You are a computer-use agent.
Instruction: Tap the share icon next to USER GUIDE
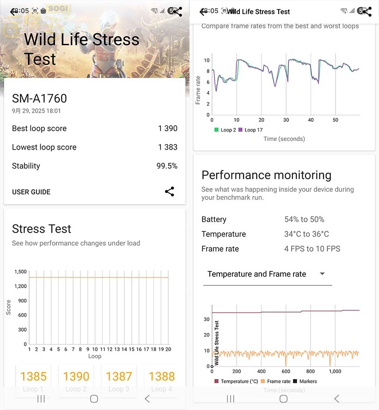(170, 192)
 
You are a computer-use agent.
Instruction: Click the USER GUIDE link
(31, 192)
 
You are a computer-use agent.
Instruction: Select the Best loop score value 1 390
(167, 128)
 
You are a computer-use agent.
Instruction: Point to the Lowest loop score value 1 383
(167, 147)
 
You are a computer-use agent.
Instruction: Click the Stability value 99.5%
(167, 166)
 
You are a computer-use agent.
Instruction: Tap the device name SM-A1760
(39, 98)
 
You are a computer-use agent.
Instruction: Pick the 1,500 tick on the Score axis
(20, 272)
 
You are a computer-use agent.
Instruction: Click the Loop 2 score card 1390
(76, 377)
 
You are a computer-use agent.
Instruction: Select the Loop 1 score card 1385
(33, 377)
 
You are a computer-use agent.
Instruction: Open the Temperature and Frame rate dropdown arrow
(322, 274)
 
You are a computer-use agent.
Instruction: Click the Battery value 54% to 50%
(304, 219)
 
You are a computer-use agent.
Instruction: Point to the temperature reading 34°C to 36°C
(306, 234)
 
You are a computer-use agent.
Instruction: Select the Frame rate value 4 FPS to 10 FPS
(312, 249)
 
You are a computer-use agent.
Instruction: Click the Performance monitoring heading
(266, 175)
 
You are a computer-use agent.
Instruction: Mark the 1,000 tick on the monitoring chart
(335, 371)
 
